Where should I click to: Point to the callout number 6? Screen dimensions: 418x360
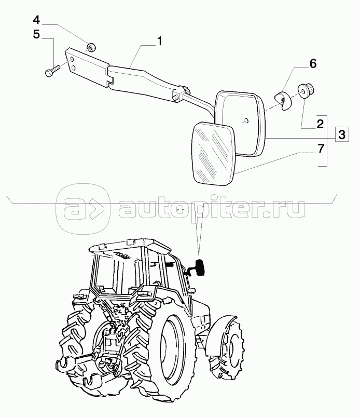pos(313,64)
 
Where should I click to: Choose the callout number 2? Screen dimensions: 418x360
pos(320,124)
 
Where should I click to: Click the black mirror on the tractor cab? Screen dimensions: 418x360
pos(199,266)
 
